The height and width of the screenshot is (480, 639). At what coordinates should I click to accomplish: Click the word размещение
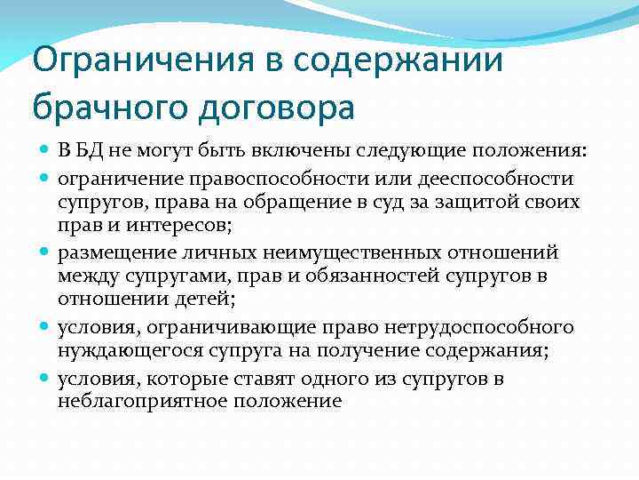[113, 254]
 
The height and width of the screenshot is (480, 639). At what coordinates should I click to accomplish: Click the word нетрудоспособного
[479, 329]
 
